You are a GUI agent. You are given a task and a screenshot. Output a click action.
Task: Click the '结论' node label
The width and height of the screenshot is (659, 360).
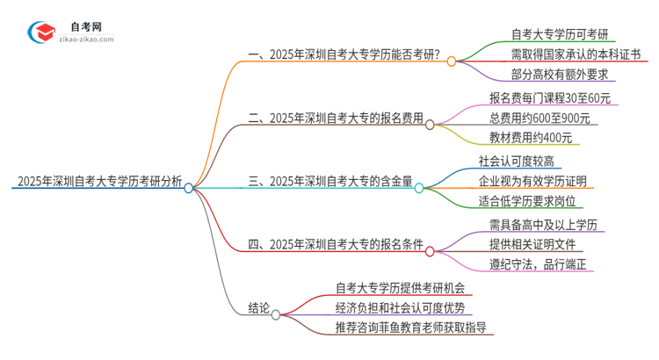point(257,309)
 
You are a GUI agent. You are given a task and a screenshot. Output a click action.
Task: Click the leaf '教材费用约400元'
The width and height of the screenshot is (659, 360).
point(531,138)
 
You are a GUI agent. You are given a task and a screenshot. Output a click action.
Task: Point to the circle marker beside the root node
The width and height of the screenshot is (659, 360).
point(188,187)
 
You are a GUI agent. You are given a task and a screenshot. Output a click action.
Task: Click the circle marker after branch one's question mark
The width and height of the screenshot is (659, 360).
point(451,61)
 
